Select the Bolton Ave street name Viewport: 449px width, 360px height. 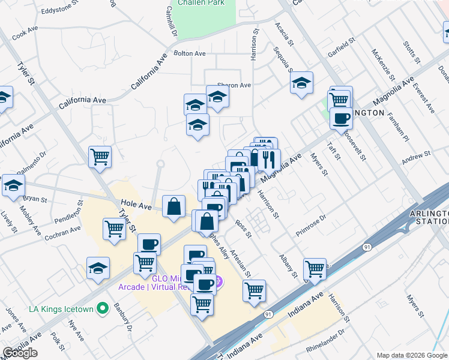189,53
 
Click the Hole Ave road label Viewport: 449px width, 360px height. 134,204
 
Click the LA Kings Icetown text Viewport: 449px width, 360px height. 62,310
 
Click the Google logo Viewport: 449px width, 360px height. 20,353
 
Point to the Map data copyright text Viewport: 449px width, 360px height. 411,355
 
